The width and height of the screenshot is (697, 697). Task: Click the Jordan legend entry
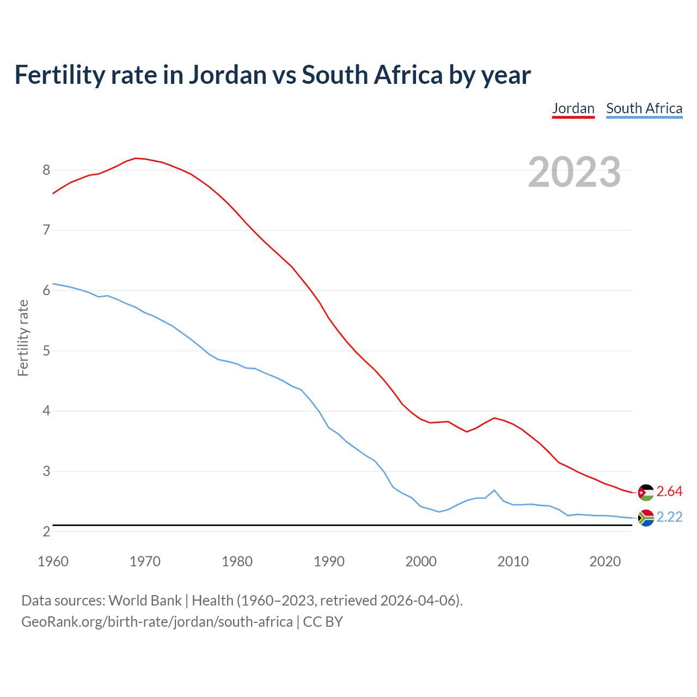click(573, 108)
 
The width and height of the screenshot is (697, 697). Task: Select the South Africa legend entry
click(644, 108)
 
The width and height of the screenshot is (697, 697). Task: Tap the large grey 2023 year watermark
click(574, 172)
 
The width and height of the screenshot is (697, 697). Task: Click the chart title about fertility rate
click(272, 75)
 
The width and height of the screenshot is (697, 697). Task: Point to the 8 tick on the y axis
click(46, 170)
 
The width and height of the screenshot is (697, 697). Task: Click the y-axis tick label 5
click(46, 351)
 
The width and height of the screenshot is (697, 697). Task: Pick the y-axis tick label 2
click(46, 531)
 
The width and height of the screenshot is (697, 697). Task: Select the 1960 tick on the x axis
click(53, 561)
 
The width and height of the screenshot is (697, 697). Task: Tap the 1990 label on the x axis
click(329, 561)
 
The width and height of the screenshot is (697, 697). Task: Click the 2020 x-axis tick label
click(605, 561)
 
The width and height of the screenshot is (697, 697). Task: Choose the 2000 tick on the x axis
click(421, 561)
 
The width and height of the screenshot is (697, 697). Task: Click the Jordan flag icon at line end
click(646, 492)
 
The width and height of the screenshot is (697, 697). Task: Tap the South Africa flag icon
click(646, 518)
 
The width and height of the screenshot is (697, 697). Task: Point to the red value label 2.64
click(669, 491)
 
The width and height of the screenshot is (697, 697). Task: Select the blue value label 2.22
click(669, 517)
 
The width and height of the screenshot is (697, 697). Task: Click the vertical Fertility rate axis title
click(23, 338)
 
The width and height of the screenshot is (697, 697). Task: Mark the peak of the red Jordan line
click(136, 158)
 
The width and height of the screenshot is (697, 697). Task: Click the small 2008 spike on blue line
click(494, 490)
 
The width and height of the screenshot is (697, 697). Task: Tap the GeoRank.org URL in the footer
click(157, 622)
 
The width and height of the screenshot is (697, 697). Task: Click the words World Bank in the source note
click(145, 601)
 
